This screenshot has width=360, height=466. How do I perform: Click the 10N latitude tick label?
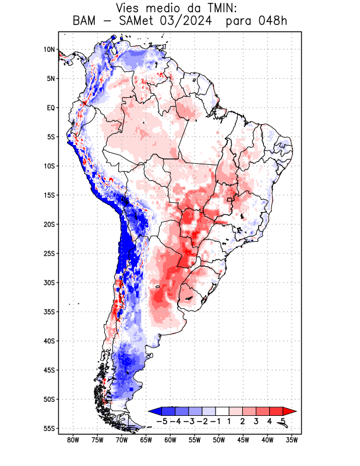(49, 50)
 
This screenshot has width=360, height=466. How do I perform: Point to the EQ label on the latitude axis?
(51, 108)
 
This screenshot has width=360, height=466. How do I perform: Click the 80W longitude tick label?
(73, 440)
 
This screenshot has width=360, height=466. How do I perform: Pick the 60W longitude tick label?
(170, 440)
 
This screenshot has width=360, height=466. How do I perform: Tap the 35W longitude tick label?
(292, 440)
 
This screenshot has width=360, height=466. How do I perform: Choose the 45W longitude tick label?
(243, 440)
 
